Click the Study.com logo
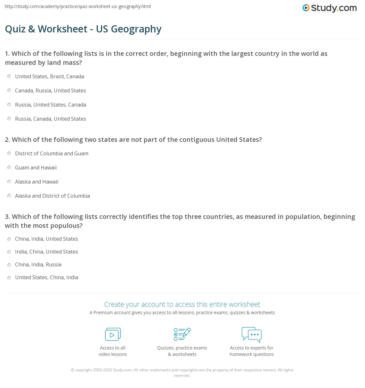329,8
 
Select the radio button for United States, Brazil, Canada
9,76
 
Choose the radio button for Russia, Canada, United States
9,119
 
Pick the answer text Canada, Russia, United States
51,91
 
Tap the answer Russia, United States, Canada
51,105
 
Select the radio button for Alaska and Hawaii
9,182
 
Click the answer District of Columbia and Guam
52,153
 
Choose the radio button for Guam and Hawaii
9,168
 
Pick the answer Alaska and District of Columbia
53,196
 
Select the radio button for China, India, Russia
9,264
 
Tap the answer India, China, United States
46,252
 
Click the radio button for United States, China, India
9,277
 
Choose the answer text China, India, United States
46,239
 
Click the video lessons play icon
113,334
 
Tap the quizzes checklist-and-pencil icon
182,334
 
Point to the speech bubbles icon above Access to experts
252,334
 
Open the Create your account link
182,304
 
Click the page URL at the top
77,6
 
